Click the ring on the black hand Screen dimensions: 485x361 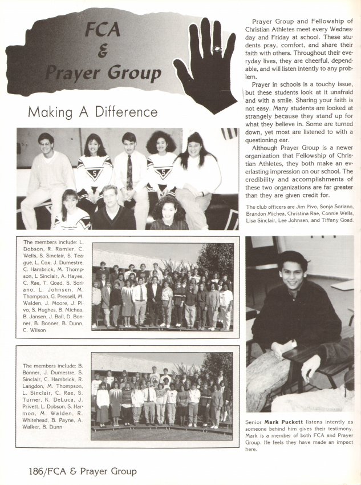pos(217,50)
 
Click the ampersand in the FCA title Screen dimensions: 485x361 pos(103,51)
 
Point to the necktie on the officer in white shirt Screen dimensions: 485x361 pos(130,172)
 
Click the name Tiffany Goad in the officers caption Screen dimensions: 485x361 pos(335,220)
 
